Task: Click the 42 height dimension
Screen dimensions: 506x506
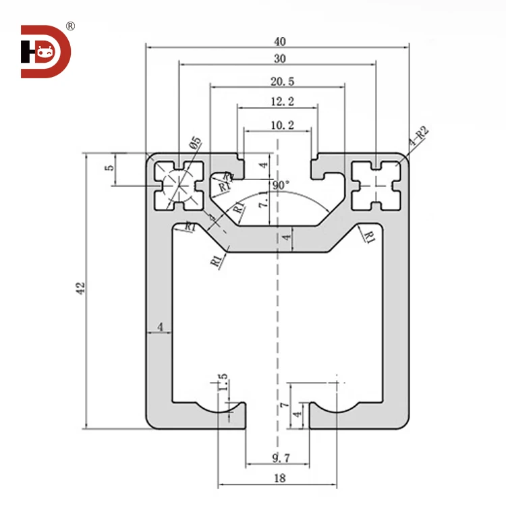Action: click(80, 288)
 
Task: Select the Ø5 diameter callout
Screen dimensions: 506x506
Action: click(195, 144)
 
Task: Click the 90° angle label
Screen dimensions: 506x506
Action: click(281, 184)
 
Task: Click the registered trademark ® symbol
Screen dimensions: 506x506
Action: click(70, 26)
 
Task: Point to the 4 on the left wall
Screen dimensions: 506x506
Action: click(160, 327)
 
